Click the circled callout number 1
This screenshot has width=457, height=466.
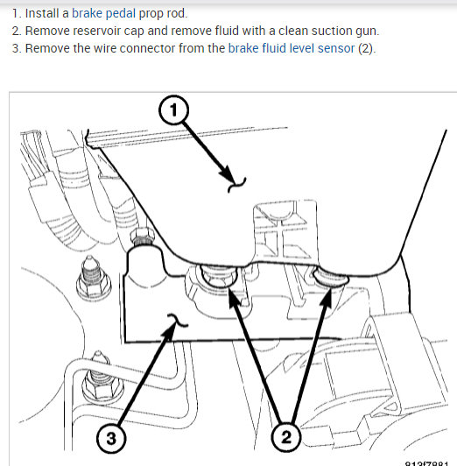click(173, 109)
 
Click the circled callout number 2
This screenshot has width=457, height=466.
click(286, 437)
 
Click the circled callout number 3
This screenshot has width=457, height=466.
click(111, 438)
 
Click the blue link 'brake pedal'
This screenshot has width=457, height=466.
click(103, 13)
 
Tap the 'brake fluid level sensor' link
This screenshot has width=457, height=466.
click(292, 48)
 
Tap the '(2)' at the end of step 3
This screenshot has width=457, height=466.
click(366, 48)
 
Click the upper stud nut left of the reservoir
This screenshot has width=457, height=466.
click(94, 279)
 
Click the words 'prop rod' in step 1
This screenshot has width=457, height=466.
click(162, 14)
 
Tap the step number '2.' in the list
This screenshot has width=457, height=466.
click(17, 31)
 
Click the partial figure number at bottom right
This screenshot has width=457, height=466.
click(426, 464)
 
